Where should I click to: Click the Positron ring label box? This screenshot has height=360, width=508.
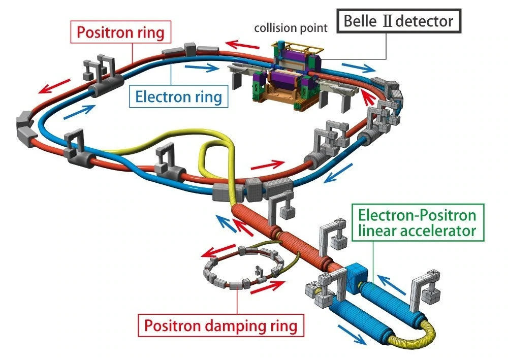(121, 32)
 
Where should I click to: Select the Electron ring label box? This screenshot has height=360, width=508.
(178, 96)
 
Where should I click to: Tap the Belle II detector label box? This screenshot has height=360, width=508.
(399, 21)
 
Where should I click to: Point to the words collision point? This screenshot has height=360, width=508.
(291, 28)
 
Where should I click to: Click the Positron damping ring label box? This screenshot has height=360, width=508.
(221, 325)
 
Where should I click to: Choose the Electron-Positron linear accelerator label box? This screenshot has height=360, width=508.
(418, 223)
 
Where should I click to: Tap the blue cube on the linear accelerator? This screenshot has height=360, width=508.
(356, 274)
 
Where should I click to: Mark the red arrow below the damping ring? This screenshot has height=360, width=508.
(268, 286)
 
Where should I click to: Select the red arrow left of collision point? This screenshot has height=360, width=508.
(242, 44)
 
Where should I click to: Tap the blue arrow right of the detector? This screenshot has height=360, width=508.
(359, 68)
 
